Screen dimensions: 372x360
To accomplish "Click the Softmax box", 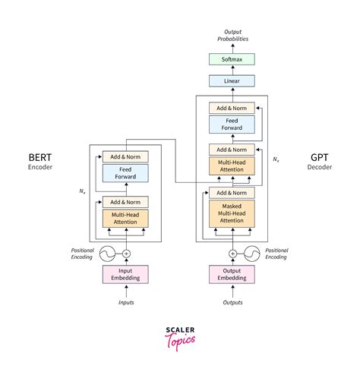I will (x=232, y=59).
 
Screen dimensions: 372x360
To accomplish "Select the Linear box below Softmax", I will (x=232, y=81).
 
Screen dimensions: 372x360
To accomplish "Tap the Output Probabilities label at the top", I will (x=232, y=34).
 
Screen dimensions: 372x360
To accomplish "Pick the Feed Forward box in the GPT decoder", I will (x=232, y=125).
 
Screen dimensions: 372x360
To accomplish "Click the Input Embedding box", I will (x=126, y=275).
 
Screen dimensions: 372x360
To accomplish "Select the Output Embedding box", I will (x=232, y=275).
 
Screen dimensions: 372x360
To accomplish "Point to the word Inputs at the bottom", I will (x=126, y=303).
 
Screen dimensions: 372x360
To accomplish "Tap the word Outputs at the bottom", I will (x=232, y=303).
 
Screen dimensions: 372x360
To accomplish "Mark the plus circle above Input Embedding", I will (x=127, y=254).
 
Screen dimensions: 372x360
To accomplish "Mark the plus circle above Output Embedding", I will (x=232, y=254).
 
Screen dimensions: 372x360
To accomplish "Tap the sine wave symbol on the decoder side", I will (x=250, y=254).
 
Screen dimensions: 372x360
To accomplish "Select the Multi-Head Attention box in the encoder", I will (x=126, y=218).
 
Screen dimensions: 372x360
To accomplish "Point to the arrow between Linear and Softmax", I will (x=232, y=70).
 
